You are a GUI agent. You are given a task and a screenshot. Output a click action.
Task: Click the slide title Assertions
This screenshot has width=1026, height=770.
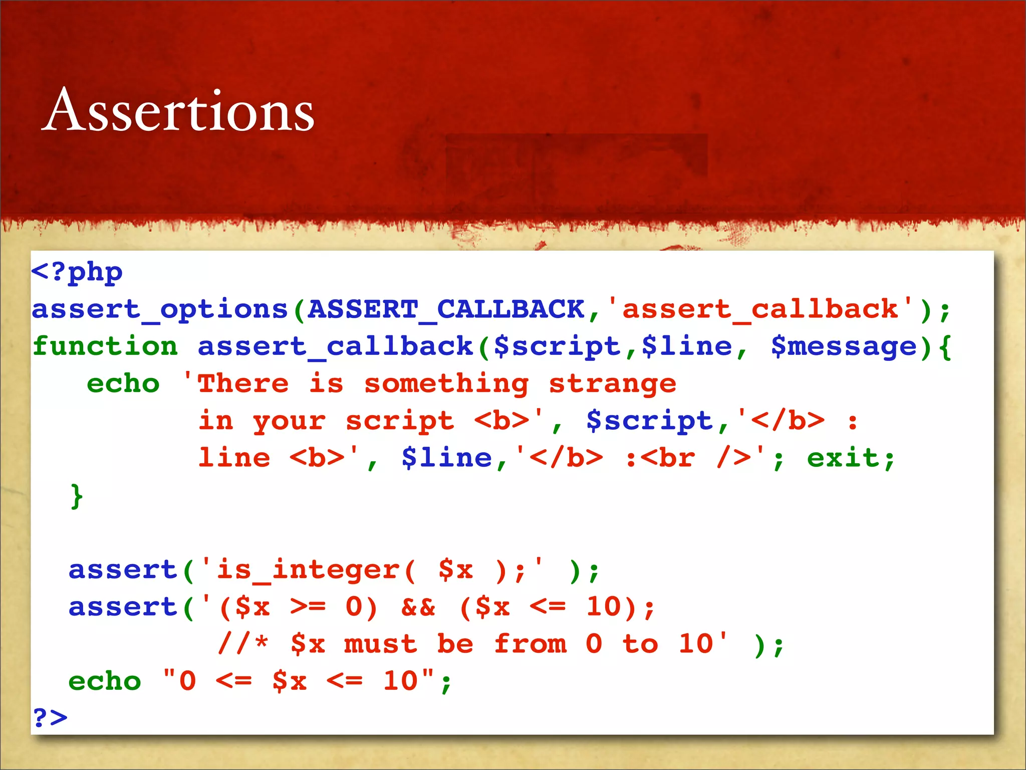coord(178,110)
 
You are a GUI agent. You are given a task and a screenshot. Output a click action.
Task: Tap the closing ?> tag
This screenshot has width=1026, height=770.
coord(50,718)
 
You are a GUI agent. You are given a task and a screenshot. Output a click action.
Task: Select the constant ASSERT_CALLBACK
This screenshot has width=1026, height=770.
coord(446,309)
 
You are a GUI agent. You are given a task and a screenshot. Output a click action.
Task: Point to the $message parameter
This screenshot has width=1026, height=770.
coord(844,347)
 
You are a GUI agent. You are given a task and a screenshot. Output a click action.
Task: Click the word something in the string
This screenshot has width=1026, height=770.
coord(446,384)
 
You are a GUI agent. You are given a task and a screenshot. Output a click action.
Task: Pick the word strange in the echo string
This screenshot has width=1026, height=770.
coord(613,384)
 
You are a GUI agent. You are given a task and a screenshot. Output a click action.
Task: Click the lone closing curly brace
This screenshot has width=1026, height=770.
coord(77,496)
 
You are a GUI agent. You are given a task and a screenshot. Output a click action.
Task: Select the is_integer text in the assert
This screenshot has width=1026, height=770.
coord(308,570)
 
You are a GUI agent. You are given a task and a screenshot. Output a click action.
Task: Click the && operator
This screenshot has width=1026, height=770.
coord(418,607)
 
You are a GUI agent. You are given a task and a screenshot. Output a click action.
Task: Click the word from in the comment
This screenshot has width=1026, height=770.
coord(531,644)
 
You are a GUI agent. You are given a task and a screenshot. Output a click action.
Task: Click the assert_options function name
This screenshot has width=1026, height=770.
coord(160,309)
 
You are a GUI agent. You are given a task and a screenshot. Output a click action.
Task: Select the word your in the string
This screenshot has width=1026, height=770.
coord(289,422)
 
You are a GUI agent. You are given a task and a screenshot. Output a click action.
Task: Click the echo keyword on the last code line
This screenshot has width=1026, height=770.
coord(105,681)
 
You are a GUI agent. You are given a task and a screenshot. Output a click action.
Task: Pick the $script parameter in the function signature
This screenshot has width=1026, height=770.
coord(557,347)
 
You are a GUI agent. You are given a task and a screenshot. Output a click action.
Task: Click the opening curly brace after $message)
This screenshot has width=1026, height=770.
coord(945,347)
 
